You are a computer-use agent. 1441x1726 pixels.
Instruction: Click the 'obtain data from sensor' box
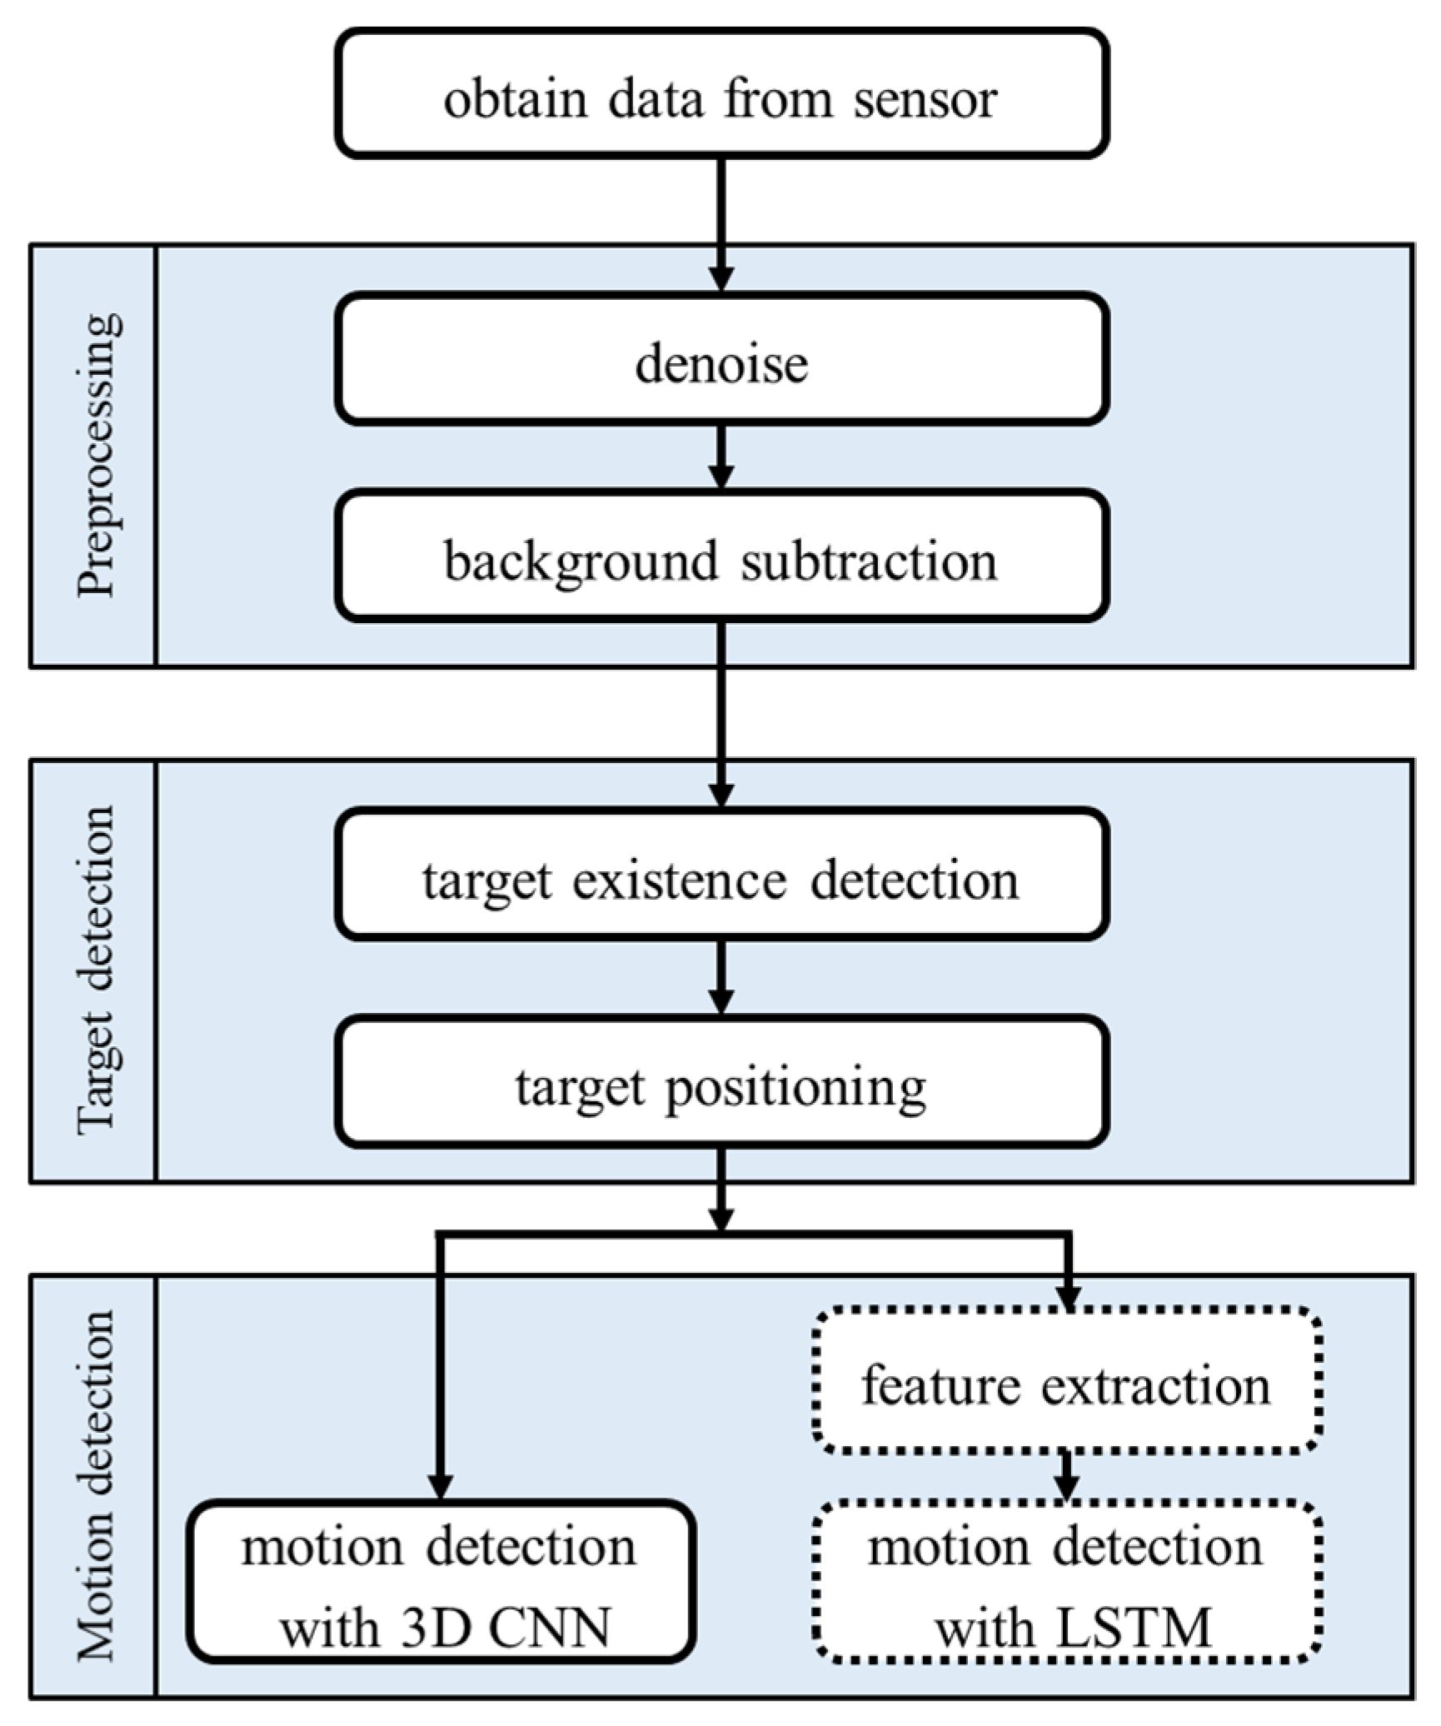click(721, 93)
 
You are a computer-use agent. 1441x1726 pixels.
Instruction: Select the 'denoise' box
click(721, 359)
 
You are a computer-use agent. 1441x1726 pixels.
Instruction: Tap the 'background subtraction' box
click(721, 556)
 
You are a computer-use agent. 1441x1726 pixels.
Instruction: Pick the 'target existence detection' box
click(721, 874)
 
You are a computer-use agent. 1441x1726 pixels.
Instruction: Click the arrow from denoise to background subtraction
click(721, 456)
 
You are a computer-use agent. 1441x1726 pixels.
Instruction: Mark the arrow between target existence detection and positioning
click(721, 976)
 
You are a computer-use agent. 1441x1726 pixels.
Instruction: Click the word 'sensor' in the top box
click(925, 100)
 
